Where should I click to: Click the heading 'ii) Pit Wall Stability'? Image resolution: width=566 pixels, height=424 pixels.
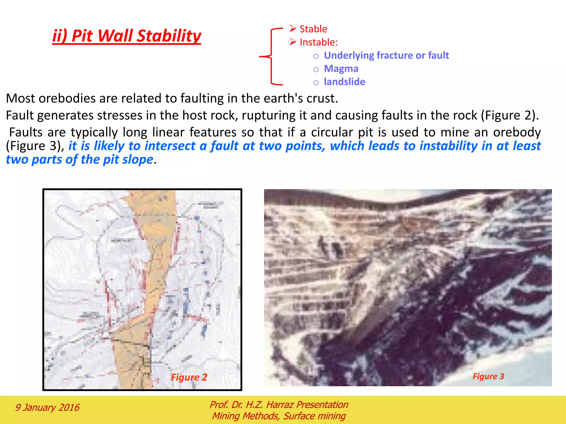pos(127,36)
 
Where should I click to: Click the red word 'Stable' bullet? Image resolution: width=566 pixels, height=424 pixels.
pos(313,29)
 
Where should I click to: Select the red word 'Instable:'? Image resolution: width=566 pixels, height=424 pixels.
pos(319,42)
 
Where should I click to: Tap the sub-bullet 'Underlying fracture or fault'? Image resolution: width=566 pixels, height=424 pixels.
pos(386,55)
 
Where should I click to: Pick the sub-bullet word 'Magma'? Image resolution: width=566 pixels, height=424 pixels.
pos(341,69)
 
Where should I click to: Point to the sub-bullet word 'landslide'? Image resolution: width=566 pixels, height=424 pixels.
pos(344,82)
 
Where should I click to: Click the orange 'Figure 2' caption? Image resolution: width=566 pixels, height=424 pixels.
pos(189,377)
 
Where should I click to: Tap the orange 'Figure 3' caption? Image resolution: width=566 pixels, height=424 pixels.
pos(488,376)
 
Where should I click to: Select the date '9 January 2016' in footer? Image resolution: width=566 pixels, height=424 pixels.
pos(47,407)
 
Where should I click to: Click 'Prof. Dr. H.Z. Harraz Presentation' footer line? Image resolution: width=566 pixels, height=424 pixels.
pos(279,405)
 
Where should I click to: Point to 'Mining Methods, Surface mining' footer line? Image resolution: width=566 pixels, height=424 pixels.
pos(279,416)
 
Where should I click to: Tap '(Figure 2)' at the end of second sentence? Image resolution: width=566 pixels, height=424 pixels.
pos(510,115)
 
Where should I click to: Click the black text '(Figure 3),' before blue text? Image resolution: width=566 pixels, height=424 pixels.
pos(35,146)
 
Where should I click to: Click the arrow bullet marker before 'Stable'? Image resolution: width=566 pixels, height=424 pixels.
pos(293,28)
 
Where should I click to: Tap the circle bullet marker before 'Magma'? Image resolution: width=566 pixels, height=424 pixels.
pos(316,69)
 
